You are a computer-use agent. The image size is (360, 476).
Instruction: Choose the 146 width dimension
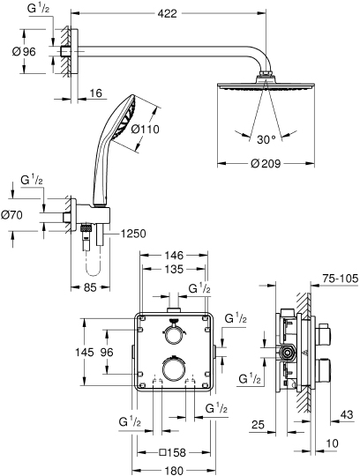pyautogui.click(x=173, y=255)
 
